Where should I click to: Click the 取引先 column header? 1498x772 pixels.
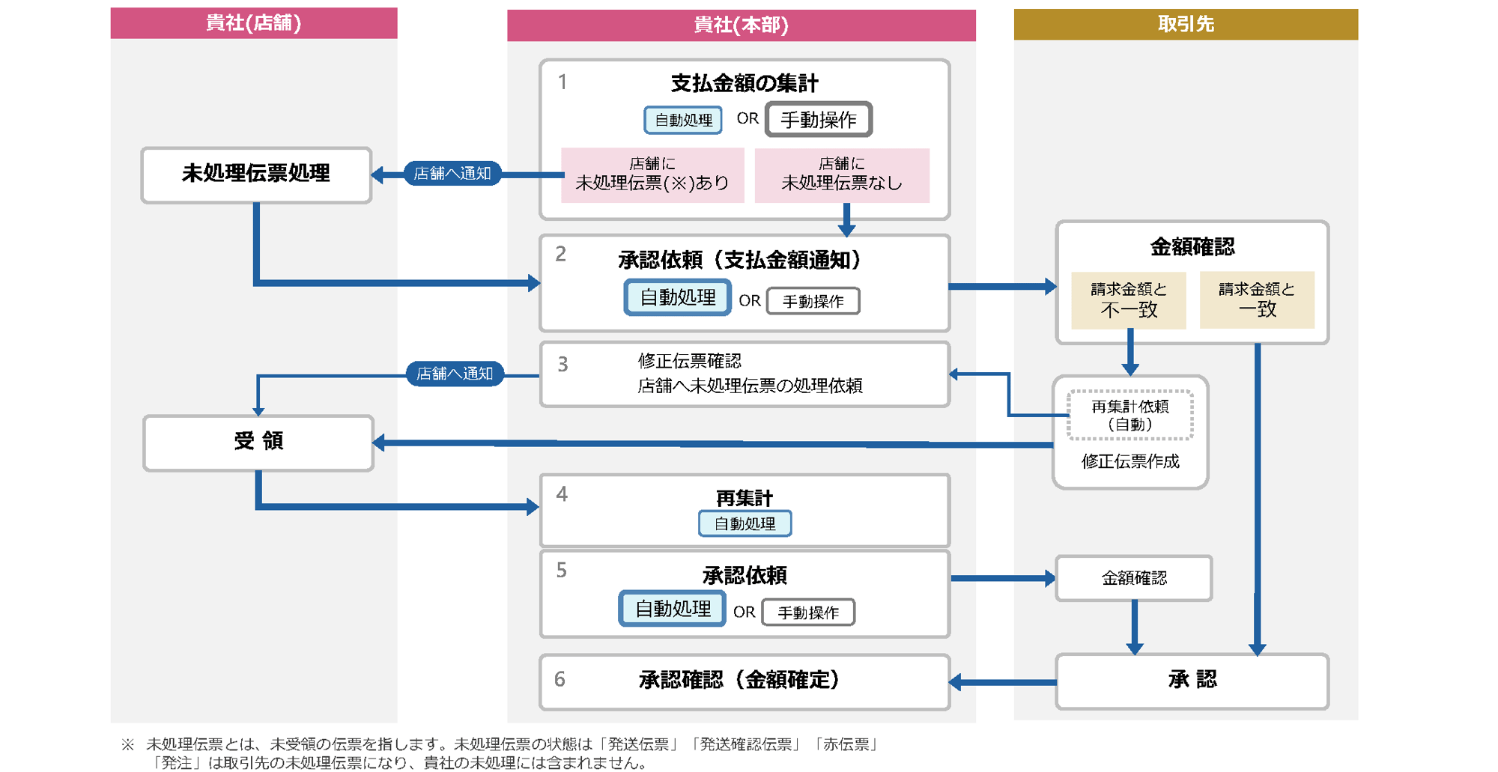pos(1185,24)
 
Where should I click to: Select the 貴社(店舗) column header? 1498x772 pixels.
pos(253,23)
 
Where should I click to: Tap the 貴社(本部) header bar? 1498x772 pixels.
pos(741,25)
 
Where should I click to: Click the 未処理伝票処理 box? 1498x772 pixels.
pos(256,174)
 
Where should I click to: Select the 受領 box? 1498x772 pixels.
pos(258,442)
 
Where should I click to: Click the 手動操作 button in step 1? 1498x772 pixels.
pos(819,120)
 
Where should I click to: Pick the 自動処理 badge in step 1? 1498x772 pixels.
pos(683,120)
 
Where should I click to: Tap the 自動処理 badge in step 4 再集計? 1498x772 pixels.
pos(745,523)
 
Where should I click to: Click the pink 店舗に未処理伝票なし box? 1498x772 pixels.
pos(842,175)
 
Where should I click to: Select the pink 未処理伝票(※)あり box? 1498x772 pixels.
pos(652,175)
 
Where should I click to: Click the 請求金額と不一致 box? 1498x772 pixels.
pos(1129,300)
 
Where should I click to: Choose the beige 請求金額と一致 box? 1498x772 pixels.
pos(1257,300)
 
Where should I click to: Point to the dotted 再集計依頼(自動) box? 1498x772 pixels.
pos(1130,416)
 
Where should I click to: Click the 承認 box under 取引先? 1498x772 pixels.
pos(1192,681)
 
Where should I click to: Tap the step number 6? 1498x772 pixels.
pos(560,679)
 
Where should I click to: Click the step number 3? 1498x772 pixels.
pos(562,365)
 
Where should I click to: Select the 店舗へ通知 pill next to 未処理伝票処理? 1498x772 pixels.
pos(452,174)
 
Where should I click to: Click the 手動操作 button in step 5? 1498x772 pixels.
pos(808,613)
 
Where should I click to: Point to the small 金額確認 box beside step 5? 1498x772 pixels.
pos(1134,578)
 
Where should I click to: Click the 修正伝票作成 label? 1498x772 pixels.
pos(1130,461)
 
